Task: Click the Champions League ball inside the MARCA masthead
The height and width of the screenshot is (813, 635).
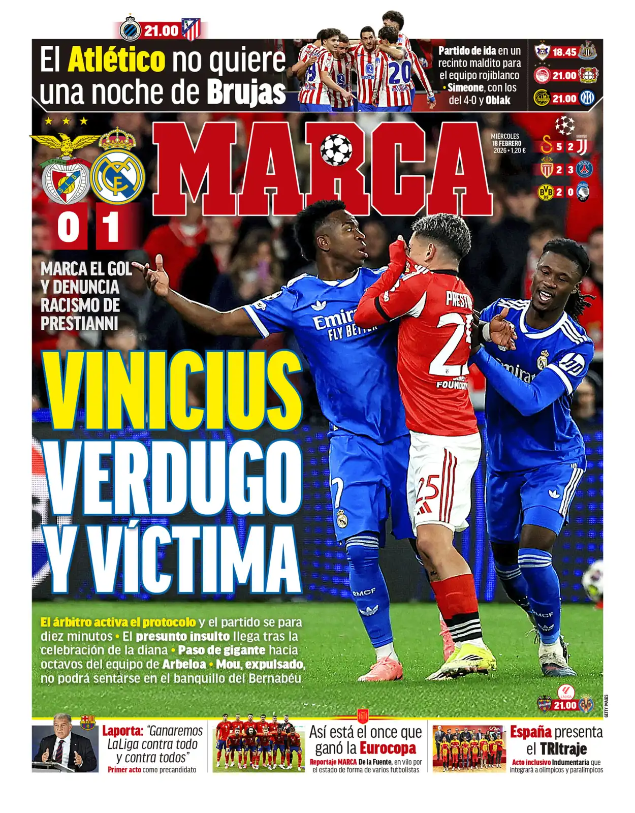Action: coord(336,149)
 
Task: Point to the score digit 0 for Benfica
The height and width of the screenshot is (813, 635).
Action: coord(68,227)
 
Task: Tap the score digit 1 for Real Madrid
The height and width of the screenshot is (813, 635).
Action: coord(110,227)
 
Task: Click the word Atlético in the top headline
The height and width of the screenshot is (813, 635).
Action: coord(117,60)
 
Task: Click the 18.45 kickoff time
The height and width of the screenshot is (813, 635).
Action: coord(564,52)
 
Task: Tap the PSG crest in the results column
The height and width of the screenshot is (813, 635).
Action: coord(585,169)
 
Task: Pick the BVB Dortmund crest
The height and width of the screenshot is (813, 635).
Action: coord(546,192)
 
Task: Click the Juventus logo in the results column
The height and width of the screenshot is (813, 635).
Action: coord(582,146)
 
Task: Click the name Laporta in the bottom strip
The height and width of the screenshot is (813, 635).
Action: coord(123,731)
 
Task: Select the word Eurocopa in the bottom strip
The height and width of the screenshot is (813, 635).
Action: coord(388,748)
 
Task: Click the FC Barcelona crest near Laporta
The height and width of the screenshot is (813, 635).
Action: coord(88,722)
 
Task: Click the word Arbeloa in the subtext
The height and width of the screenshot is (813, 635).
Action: coord(184,664)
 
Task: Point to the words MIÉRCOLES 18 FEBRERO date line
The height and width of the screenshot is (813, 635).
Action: coord(506,140)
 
